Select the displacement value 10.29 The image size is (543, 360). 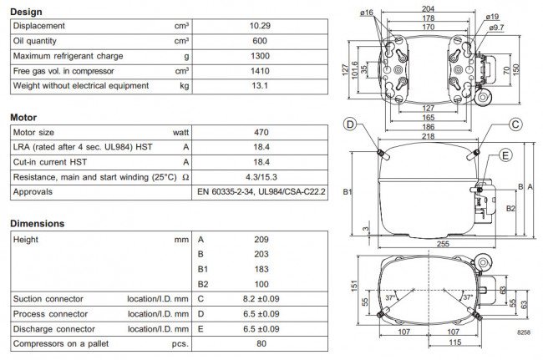click(x=261, y=26)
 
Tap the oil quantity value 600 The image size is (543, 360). click(x=261, y=41)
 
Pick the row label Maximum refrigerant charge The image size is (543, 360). click(x=68, y=56)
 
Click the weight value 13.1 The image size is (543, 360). click(x=261, y=85)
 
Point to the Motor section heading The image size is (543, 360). click(x=23, y=118)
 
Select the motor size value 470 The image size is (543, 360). click(x=261, y=132)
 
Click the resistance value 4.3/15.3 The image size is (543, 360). click(x=261, y=176)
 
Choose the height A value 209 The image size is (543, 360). click(x=261, y=239)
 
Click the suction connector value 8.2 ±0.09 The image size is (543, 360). click(x=261, y=298)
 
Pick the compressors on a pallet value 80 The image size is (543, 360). click(x=261, y=343)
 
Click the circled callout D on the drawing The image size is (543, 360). click(x=350, y=124)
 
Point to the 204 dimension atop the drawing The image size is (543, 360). click(x=428, y=6)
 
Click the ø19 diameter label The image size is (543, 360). click(x=493, y=17)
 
